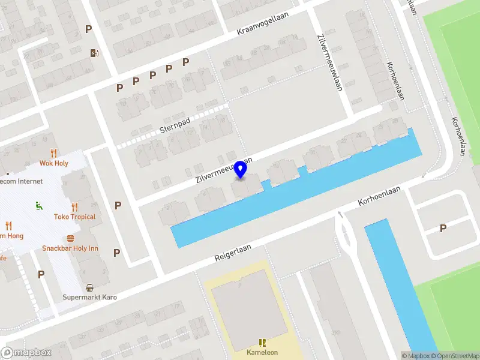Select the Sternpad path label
click(x=175, y=125)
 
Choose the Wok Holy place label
click(x=54, y=163)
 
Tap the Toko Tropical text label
click(x=74, y=217)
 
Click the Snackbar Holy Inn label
click(x=70, y=248)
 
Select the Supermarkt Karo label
click(x=90, y=297)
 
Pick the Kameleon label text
click(x=262, y=352)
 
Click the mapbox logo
click(x=26, y=353)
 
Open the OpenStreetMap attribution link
click(x=454, y=356)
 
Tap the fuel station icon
click(x=94, y=53)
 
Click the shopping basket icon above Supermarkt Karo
click(x=90, y=287)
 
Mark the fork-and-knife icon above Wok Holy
click(x=54, y=153)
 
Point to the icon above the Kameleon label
click(x=262, y=343)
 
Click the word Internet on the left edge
click(x=30, y=181)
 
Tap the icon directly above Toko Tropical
click(x=74, y=206)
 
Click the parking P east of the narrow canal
click(x=443, y=228)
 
